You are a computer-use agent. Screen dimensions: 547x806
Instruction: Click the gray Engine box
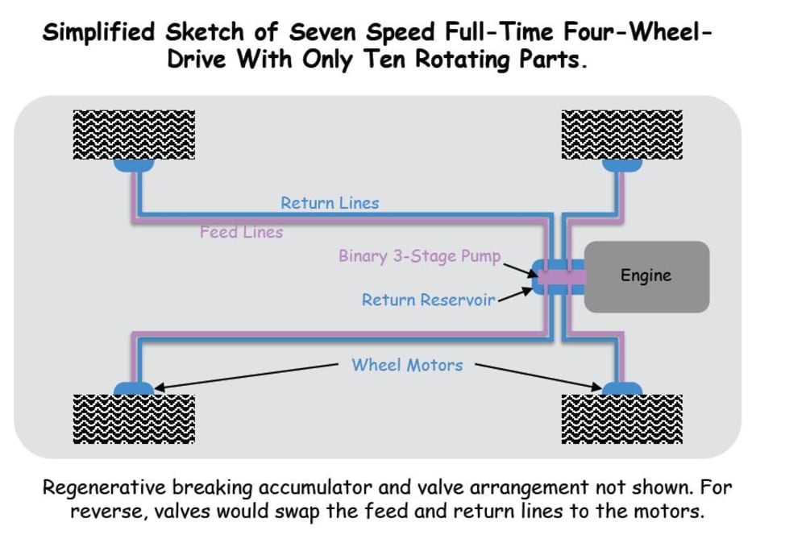(x=646, y=276)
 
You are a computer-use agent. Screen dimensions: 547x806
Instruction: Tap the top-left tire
(x=134, y=134)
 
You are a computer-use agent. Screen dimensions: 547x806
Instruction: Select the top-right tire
(x=622, y=134)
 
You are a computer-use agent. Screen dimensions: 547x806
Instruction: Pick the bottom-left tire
(x=134, y=418)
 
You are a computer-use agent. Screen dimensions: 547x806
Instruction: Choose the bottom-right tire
(x=622, y=418)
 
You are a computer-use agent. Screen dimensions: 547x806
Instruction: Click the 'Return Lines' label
(x=330, y=203)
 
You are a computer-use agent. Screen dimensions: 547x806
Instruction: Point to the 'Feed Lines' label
(x=242, y=232)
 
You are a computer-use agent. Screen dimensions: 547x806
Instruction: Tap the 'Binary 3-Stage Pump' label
(x=419, y=257)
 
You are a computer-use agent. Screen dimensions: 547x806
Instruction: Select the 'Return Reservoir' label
(x=428, y=300)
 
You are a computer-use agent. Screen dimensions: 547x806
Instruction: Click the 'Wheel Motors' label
(x=407, y=365)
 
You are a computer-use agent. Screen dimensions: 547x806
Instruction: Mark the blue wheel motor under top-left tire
(x=134, y=165)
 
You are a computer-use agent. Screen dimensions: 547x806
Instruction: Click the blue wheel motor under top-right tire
(x=622, y=165)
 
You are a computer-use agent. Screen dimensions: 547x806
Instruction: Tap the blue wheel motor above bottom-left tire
(x=134, y=389)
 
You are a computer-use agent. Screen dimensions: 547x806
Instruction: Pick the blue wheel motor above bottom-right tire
(x=622, y=389)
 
